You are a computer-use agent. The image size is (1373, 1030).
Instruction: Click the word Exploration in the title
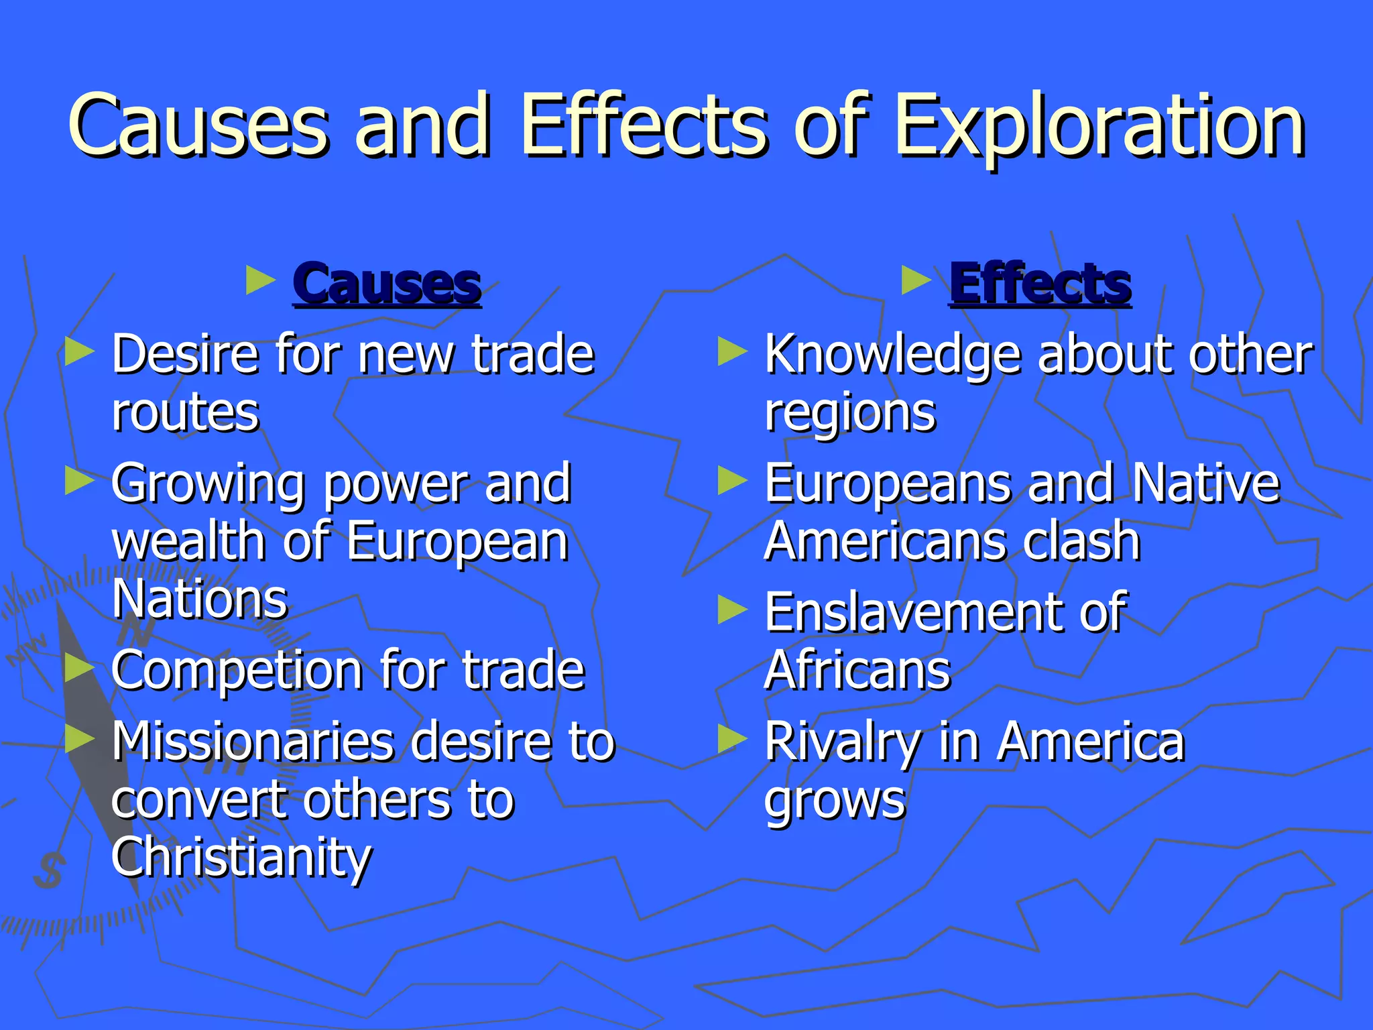[1099, 127]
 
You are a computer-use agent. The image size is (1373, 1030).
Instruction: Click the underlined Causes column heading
[387, 284]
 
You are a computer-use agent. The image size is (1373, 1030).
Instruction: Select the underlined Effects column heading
[1040, 284]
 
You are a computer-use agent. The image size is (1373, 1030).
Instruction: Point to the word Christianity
[241, 858]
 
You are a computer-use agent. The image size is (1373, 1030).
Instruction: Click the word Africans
[857, 671]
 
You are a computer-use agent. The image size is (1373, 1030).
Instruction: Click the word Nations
[200, 599]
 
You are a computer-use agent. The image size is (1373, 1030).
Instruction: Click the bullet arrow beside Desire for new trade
[79, 351]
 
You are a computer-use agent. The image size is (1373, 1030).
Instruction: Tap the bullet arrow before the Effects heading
[916, 280]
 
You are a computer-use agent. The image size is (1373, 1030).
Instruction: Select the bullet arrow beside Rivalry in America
[732, 739]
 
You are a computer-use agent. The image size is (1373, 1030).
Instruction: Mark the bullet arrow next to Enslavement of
[732, 610]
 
